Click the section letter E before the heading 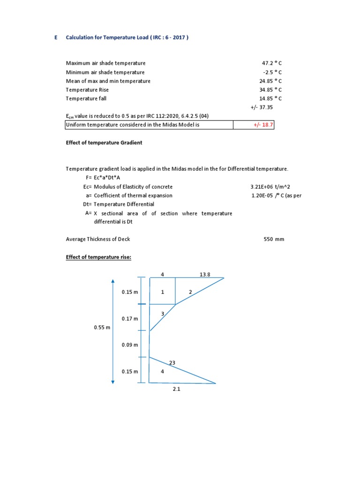click(55, 38)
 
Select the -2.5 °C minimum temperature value click(272, 72)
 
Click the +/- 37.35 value click(262, 107)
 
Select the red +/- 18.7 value click(262, 125)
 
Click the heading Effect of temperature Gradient click(104, 143)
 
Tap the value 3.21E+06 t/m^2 click(271, 187)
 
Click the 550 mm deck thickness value click(274, 239)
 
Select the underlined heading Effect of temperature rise click(98, 257)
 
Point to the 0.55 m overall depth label click(102, 328)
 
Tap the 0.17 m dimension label click(130, 319)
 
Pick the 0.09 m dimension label click(130, 345)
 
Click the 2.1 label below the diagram click(176, 389)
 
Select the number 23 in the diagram click(172, 362)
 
